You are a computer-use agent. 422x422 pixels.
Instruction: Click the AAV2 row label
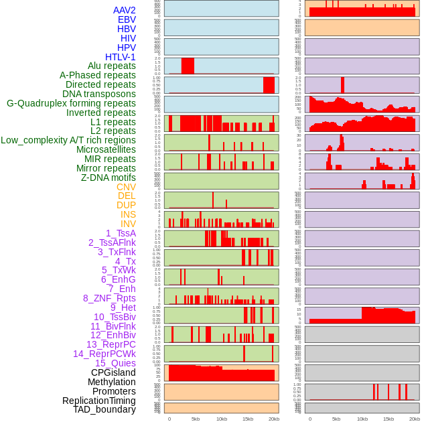[x=125, y=10]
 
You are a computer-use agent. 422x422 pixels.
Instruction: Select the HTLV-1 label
[x=121, y=57]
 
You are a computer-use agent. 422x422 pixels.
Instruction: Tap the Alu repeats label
[x=112, y=66]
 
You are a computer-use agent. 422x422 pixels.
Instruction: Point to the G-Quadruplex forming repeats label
[x=71, y=103]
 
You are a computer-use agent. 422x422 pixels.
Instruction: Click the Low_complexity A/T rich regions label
[x=68, y=140]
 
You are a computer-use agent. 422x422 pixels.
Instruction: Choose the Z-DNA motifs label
[x=109, y=178]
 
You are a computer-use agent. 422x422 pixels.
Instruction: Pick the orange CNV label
[x=126, y=187]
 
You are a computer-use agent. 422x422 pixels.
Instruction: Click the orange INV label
[x=128, y=224]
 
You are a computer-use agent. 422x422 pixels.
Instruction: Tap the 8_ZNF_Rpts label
[x=109, y=298]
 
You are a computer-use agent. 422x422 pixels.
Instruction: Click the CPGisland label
[x=113, y=372]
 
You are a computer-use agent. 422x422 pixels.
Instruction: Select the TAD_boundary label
[x=104, y=409]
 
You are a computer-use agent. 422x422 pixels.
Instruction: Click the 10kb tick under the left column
[x=222, y=419]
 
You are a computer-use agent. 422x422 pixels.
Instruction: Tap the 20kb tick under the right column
[x=414, y=419]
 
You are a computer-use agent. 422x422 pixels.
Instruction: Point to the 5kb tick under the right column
[x=336, y=419]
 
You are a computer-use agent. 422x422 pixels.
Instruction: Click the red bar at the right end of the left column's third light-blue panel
[x=269, y=85]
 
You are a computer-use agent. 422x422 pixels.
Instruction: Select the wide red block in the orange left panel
[x=222, y=374]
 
